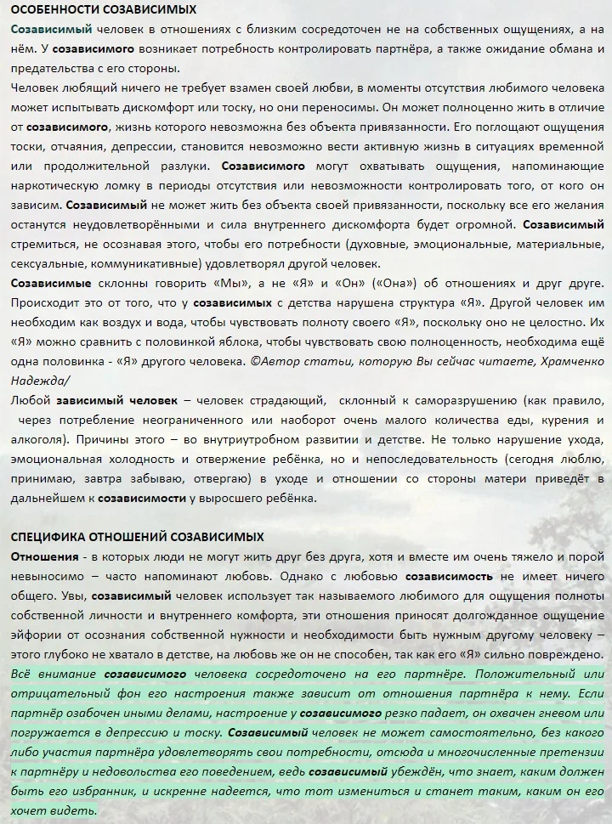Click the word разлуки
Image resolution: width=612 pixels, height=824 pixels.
[176, 166]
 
